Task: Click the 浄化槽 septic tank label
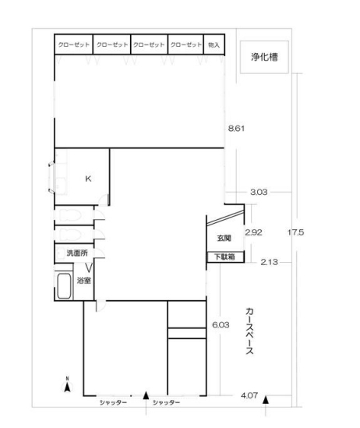pos(264,57)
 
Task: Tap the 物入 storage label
pos(214,44)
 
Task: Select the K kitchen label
pos(88,179)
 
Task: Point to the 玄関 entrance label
pos(224,238)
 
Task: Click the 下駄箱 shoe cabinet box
pos(225,256)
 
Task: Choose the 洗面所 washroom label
pos(77,253)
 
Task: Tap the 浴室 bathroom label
pos(83,281)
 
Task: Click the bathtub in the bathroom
pos(65,286)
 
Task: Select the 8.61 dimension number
pos(236,129)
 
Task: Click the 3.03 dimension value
pos(259,192)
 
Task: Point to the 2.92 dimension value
pos(254,232)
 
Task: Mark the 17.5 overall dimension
pos(295,232)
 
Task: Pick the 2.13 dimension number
pos(269,262)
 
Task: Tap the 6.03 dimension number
pos(221,325)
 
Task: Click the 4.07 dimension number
pos(249,395)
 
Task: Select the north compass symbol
pos(67,385)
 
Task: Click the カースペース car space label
pos(249,331)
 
